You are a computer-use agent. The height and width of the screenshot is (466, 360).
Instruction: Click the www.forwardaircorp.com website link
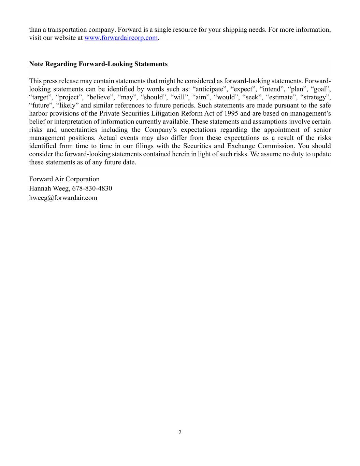point(121,38)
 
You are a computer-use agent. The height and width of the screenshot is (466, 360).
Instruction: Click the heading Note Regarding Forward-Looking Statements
point(98,64)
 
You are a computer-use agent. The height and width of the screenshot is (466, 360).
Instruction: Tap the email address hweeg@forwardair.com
point(63,198)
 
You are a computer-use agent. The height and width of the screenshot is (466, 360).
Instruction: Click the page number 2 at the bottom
point(180,433)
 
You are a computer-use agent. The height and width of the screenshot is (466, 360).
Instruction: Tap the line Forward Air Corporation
point(64,180)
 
